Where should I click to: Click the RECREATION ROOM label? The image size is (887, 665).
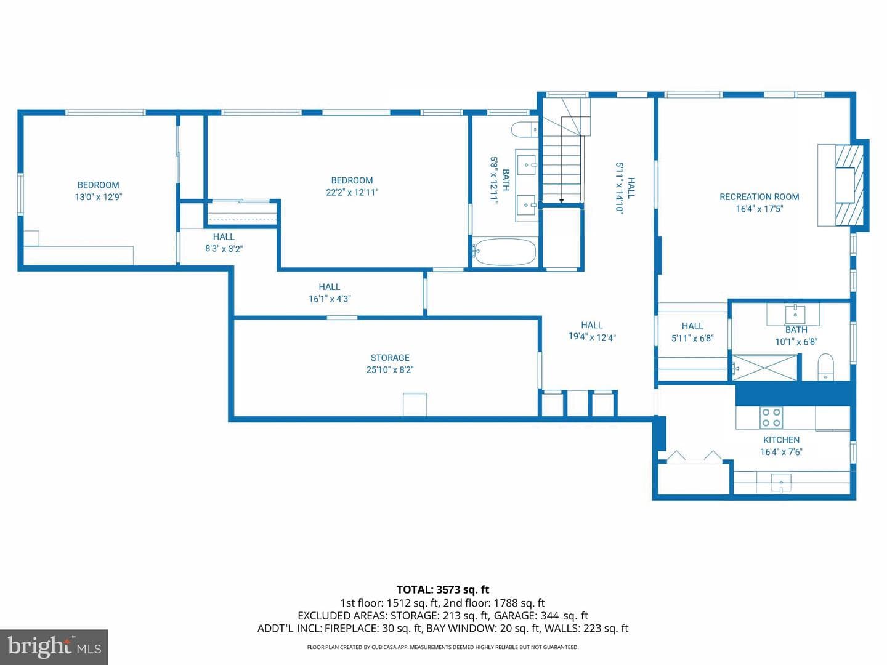759,197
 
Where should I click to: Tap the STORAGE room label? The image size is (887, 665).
390,358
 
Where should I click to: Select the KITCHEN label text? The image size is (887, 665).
781,440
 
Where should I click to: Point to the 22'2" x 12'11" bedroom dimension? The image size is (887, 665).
352,193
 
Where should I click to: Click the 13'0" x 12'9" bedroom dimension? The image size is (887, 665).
98,197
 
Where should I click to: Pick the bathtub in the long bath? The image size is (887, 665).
506,252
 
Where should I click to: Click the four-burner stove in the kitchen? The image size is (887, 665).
771,417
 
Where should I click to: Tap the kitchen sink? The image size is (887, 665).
781,483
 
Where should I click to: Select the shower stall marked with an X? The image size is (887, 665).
764,367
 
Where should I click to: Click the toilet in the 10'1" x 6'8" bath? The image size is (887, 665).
825,367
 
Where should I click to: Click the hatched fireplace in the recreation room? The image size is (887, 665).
849,185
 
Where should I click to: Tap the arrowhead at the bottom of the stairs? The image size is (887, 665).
561,201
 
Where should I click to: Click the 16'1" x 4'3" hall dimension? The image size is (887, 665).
330,299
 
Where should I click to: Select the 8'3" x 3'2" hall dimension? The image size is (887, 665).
224,249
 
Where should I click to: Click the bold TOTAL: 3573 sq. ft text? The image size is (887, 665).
443,590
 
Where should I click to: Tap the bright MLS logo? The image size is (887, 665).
54,647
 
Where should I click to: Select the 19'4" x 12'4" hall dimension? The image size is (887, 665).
592,337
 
